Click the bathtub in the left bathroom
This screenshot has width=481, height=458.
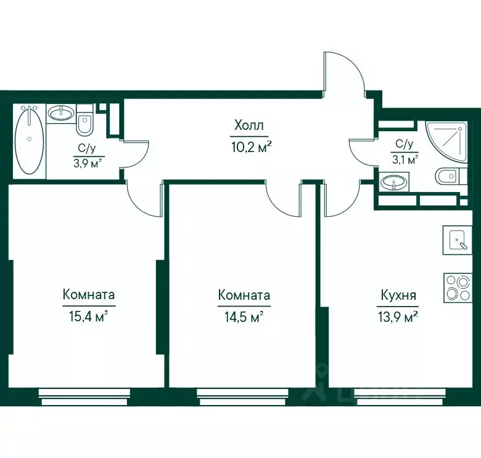tap(29, 140)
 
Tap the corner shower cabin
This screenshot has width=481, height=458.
tap(446, 142)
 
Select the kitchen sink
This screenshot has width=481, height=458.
tap(457, 240)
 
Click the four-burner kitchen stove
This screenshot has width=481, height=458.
tap(458, 287)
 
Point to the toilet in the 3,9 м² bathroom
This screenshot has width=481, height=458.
tap(84, 120)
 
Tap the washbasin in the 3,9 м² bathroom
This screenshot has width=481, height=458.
tap(61, 113)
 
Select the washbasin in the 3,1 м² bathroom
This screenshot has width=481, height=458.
tap(394, 182)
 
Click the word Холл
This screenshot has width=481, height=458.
tap(249, 126)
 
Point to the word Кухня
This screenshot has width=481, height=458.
tap(398, 295)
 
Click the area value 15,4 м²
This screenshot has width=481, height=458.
tap(88, 316)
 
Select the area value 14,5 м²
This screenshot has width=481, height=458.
tap(244, 317)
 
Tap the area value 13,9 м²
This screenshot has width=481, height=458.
tap(398, 317)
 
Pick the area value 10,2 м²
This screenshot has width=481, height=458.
tap(251, 147)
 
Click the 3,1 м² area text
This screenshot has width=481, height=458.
tap(405, 159)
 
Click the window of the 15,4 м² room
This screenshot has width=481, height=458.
tap(84, 397)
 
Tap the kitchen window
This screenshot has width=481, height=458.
tap(400, 397)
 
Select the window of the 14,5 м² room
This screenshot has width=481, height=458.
tap(242, 397)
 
